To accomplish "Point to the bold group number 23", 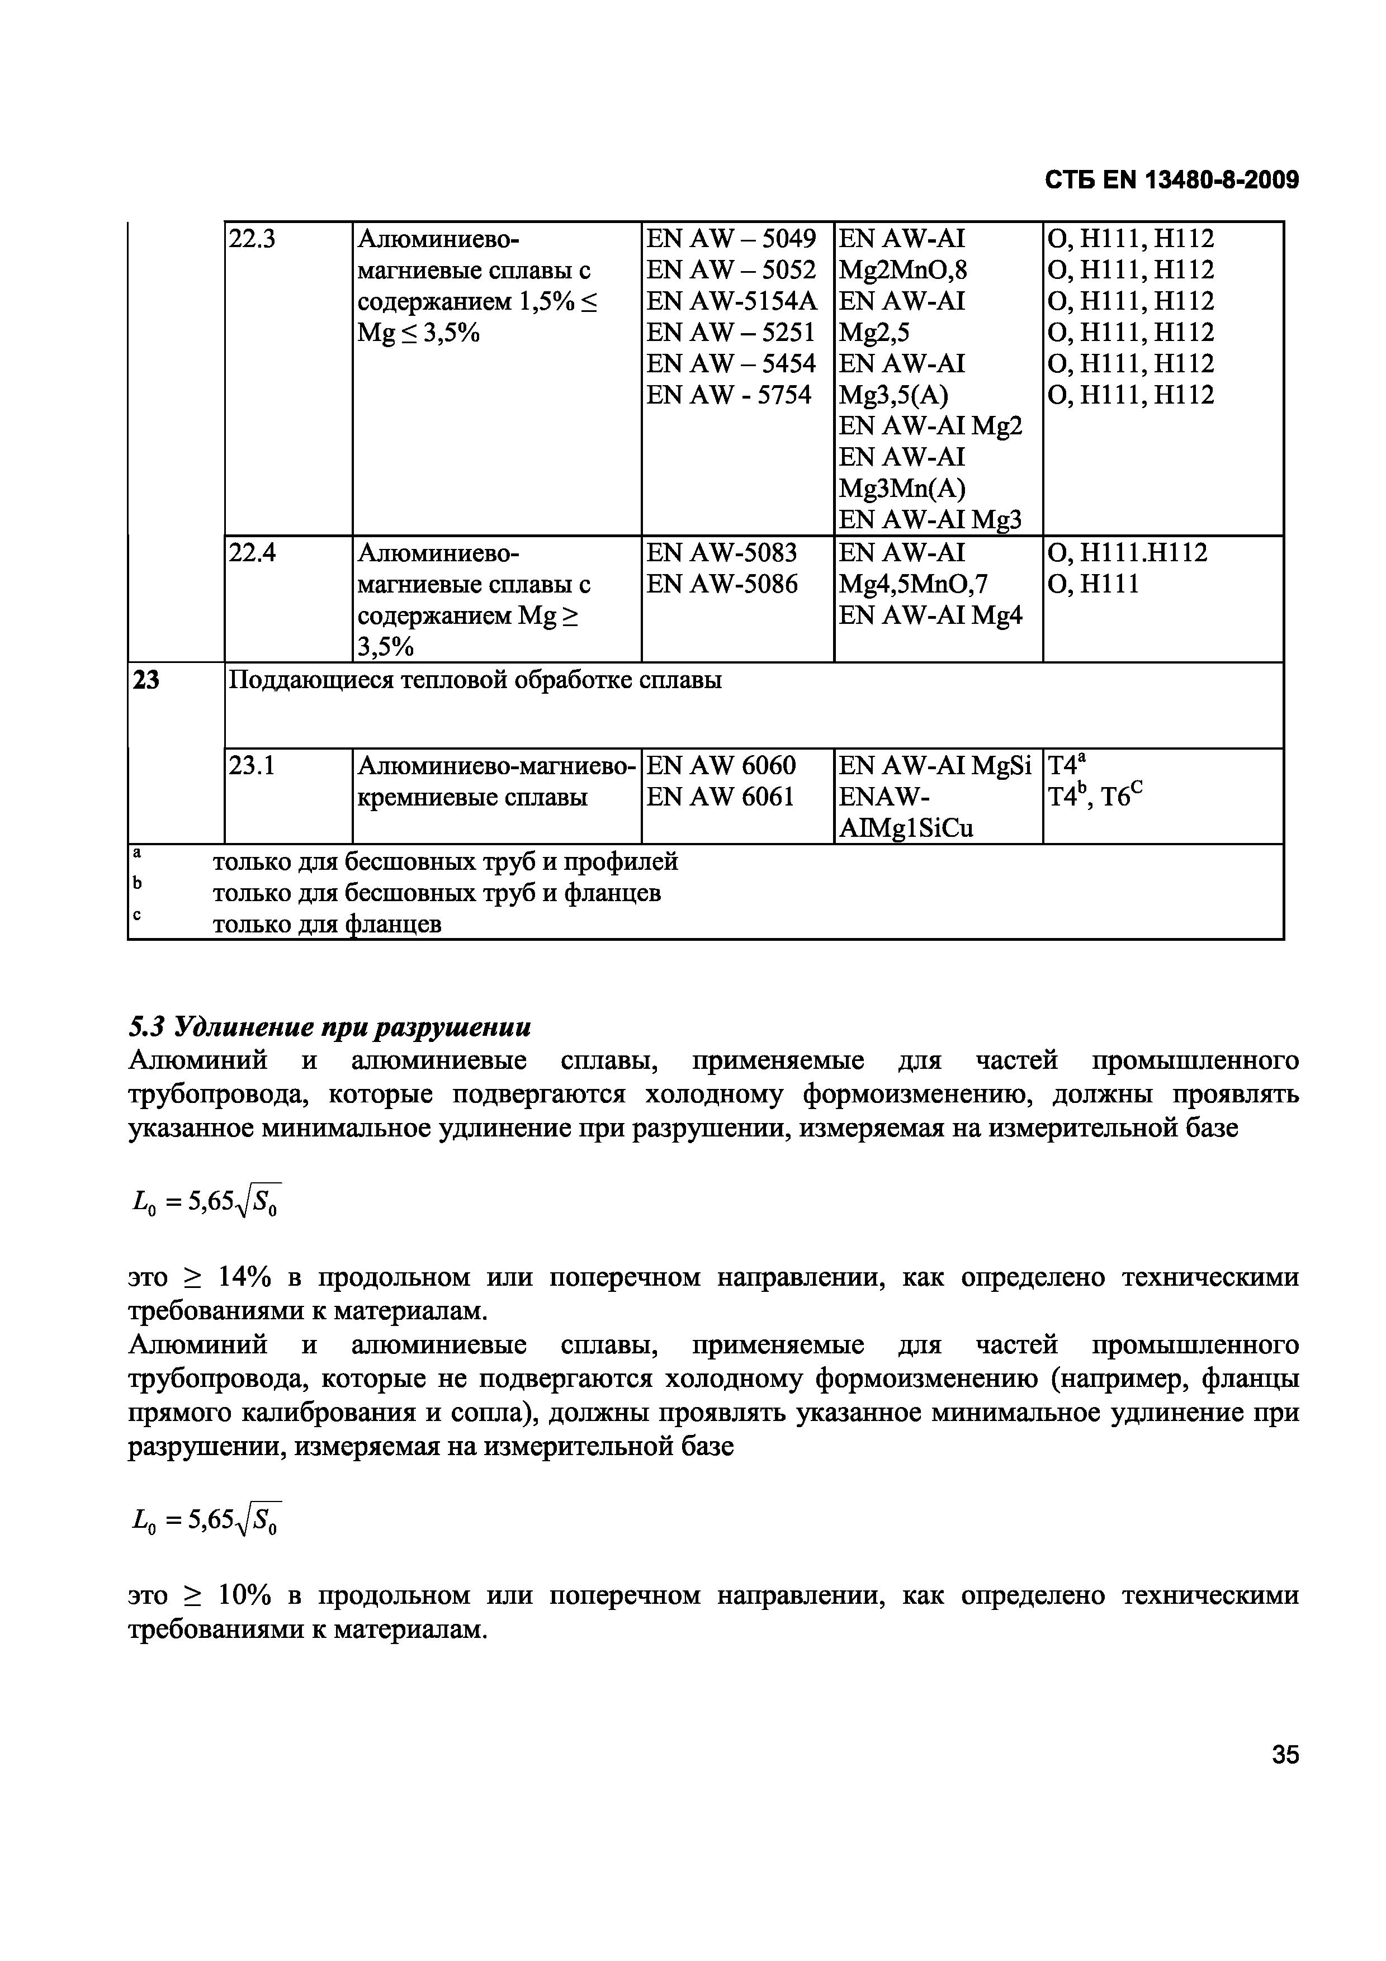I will pyautogui.click(x=147, y=681).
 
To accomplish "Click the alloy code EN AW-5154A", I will pyautogui.click(x=732, y=301).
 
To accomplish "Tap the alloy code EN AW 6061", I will pyautogui.click(x=721, y=797).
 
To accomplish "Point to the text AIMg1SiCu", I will pyautogui.click(x=906, y=828).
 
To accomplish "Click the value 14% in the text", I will pyautogui.click(x=245, y=1278).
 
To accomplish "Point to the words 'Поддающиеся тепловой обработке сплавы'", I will pyautogui.click(x=476, y=681).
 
